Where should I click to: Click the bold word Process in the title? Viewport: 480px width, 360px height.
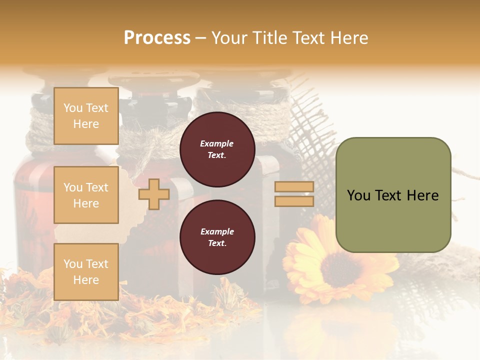(x=157, y=37)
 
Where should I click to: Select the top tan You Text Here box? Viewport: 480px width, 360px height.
(x=86, y=116)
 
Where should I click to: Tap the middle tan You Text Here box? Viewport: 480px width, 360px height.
(x=86, y=195)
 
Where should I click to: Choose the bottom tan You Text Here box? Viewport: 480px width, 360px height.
(x=86, y=271)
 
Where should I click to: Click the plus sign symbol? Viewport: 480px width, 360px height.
(x=154, y=193)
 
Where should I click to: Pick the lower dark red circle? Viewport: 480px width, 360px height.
(x=217, y=237)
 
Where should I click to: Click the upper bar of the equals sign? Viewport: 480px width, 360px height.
(x=294, y=186)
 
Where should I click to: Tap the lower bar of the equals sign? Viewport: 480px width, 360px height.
(x=294, y=201)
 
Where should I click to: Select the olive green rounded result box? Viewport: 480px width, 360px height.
(x=393, y=195)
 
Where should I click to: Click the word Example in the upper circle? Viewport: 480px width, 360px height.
(x=216, y=143)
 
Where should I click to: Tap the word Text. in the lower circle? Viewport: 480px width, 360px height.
(x=216, y=243)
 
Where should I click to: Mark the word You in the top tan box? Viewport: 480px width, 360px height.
(x=73, y=108)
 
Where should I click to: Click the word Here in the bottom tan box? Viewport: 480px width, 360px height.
(x=86, y=280)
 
